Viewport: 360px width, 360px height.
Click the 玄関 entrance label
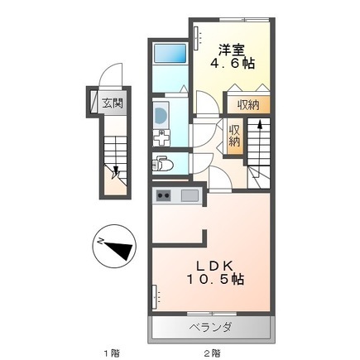coord(113,103)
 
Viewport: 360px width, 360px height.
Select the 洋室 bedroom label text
coord(229,48)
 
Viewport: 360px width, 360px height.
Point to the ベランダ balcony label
coord(213,328)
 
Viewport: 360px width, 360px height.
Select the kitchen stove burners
coord(163,196)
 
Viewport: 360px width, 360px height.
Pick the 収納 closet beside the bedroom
coord(247,104)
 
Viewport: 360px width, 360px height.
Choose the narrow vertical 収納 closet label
coord(234,135)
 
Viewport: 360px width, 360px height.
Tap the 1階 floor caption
coord(111,353)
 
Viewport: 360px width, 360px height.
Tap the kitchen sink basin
coord(190,196)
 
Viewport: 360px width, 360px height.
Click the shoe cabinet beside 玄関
coord(94,104)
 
